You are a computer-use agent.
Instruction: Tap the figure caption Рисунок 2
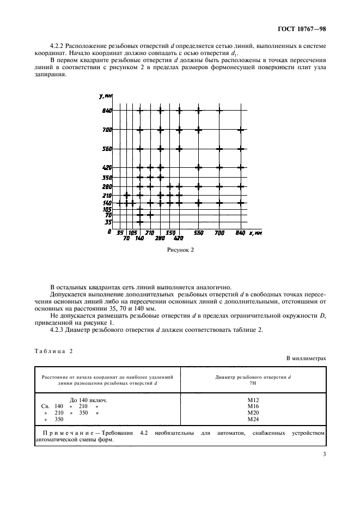pos(180,250)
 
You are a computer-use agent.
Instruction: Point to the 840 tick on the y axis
pos(106,111)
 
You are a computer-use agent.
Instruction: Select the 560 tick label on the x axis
pos(199,233)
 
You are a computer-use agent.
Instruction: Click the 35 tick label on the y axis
pos(108,222)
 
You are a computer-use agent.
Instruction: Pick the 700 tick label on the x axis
pos(219,233)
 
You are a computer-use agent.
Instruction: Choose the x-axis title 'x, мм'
pos(255,233)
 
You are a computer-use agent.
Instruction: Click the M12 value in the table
pos(253,399)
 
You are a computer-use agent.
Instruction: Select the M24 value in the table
pos(253,420)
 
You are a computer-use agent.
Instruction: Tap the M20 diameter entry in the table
pos(253,413)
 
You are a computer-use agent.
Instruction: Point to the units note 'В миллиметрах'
pos(306,359)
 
